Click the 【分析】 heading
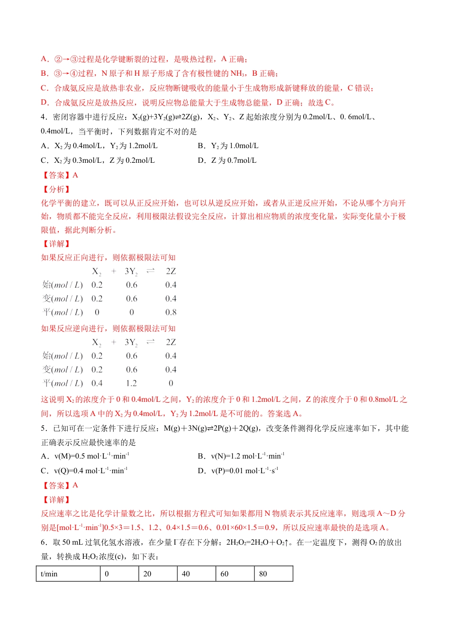(56, 189)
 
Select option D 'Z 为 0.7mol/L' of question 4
(227, 160)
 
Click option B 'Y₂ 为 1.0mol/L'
(228, 146)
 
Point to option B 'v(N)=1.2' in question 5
(241, 456)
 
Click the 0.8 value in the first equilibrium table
(171, 312)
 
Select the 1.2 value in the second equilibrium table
(132, 383)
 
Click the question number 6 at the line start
(43, 542)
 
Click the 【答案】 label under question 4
(56, 175)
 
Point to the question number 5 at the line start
(43, 428)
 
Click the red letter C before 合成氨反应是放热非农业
(44, 88)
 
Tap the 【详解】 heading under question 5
(56, 500)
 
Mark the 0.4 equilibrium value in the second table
(97, 383)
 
